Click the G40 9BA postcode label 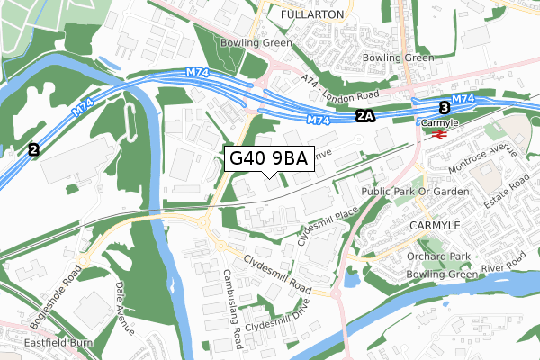coord(269,159)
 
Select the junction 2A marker coord(364,116)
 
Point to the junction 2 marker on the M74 coord(34,149)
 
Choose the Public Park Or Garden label coord(416,193)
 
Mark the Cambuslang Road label coord(232,296)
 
